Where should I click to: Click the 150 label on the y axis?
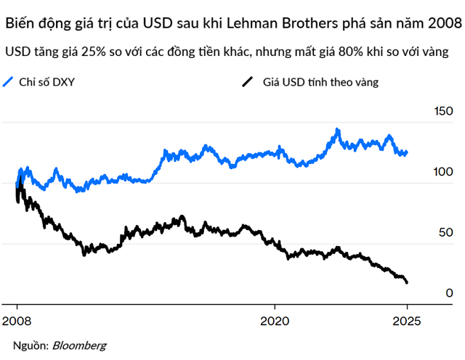coord(442,112)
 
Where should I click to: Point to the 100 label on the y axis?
coord(442,173)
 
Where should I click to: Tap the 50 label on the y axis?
coord(445,232)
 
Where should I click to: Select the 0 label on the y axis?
coord(450,292)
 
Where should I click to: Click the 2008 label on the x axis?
coord(17,319)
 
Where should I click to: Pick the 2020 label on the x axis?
coord(275,319)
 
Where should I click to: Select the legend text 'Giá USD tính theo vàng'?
coord(320,82)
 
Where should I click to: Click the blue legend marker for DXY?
coord(9,82)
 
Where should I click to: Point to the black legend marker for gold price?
coord(247,82)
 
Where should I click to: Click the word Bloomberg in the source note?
coord(79,345)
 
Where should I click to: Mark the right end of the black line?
coord(407,282)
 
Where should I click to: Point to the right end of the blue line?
coord(407,152)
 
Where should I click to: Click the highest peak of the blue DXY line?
coord(337,130)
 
